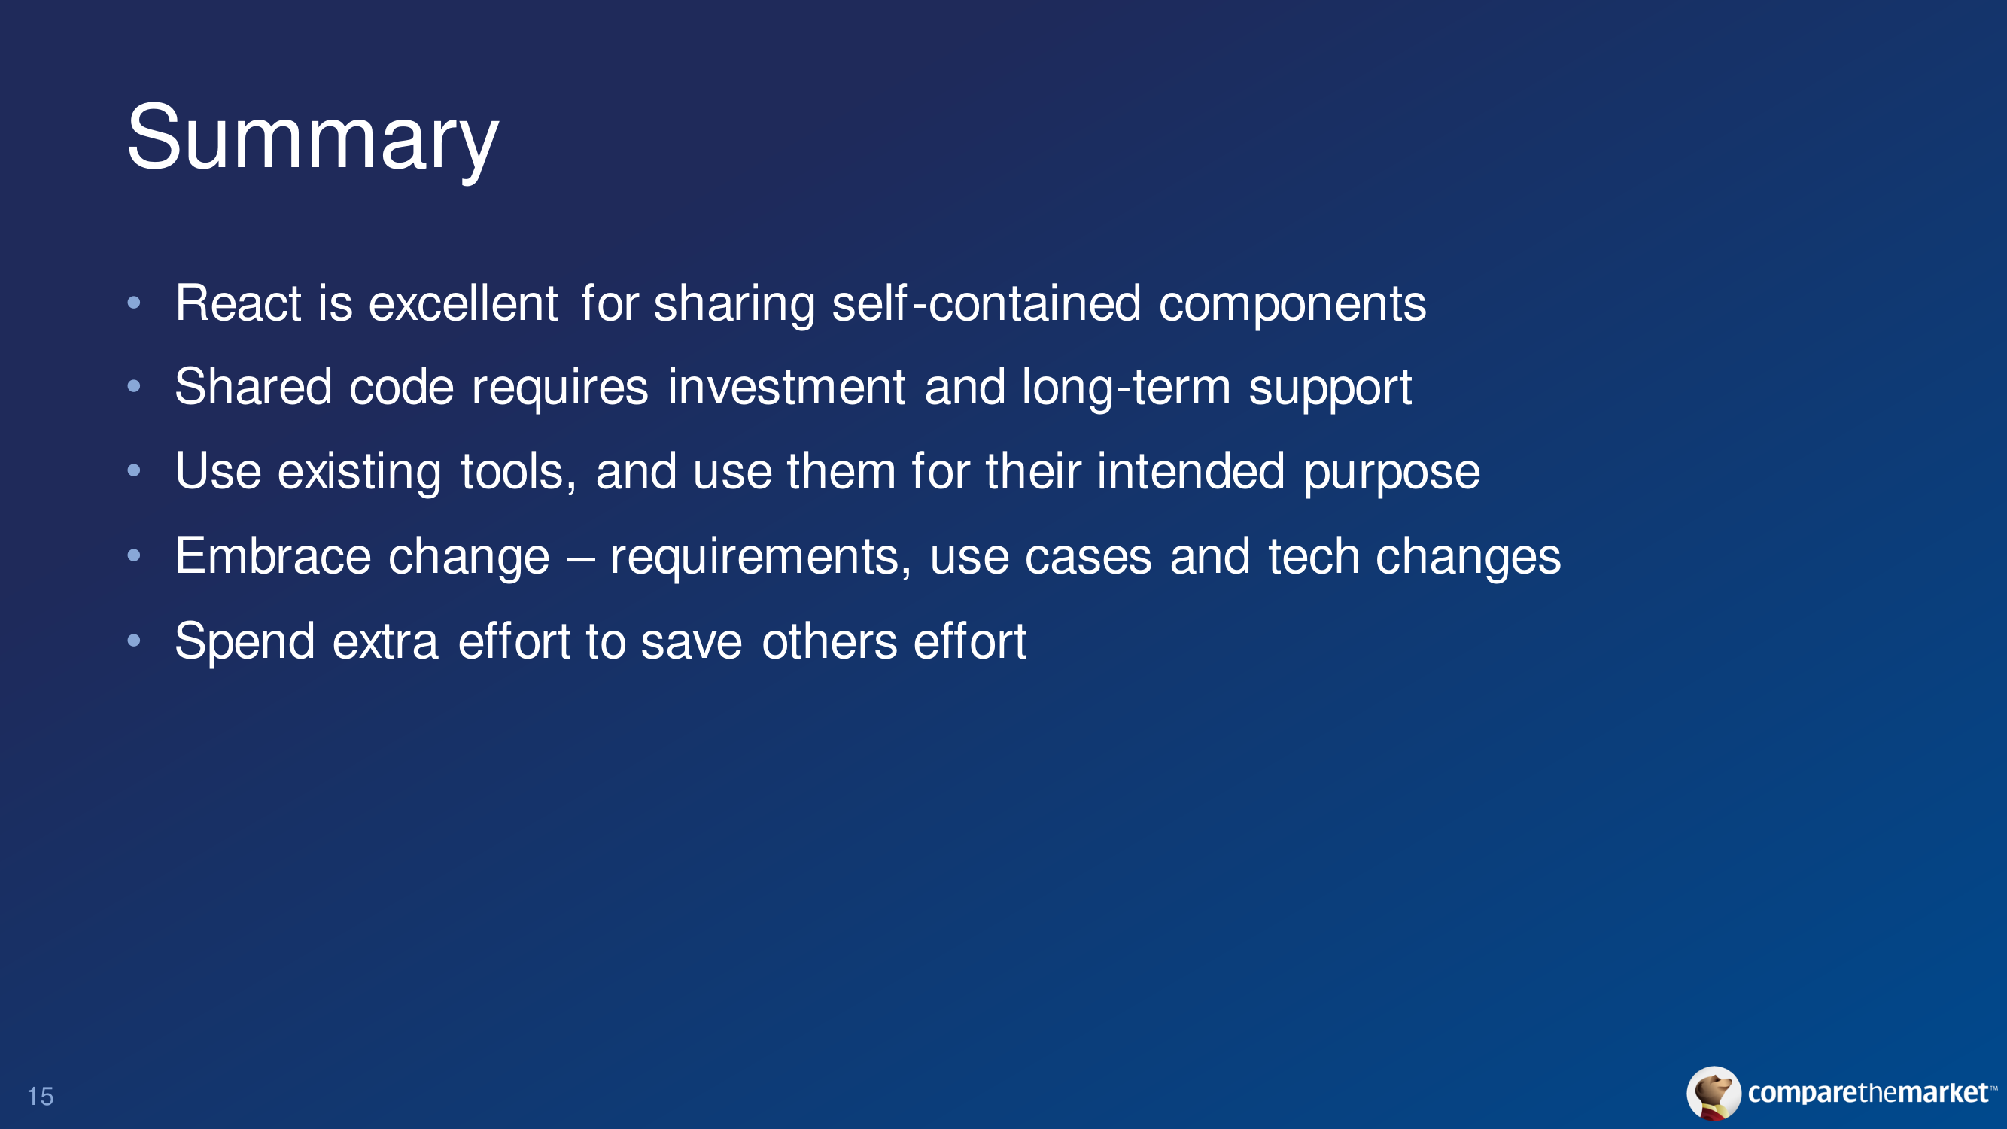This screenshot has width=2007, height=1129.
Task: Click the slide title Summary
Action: click(312, 140)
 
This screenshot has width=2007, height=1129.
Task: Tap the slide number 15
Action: click(41, 1097)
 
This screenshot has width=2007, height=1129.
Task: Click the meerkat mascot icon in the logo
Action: click(1714, 1093)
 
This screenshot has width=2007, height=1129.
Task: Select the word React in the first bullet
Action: click(239, 303)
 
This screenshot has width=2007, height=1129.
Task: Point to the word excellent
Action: click(463, 303)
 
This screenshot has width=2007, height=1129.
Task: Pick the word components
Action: click(1293, 303)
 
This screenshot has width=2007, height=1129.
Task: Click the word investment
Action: click(787, 386)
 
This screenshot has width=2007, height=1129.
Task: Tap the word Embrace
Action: click(273, 555)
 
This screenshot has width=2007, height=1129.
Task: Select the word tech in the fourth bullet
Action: click(1314, 555)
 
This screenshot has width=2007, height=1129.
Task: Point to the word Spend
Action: click(245, 642)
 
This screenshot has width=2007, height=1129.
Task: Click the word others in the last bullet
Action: click(829, 641)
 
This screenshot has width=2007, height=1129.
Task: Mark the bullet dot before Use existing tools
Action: click(134, 470)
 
